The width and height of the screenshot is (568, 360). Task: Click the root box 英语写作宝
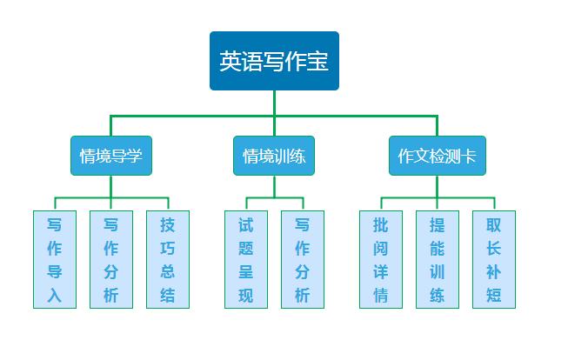pos(274,61)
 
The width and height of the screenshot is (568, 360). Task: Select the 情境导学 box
pos(110,157)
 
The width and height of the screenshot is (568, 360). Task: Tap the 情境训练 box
pos(274,157)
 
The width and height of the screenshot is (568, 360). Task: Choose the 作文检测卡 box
pos(437,157)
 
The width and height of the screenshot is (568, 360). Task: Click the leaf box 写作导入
pos(54,259)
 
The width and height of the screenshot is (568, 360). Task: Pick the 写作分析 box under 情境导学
pos(110,259)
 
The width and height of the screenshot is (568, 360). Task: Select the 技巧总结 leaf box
pos(167,259)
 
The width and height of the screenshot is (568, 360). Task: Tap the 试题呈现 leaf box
pos(246,259)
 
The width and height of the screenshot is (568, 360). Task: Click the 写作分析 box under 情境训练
pos(303,259)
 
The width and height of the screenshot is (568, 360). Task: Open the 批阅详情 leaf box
pos(380,259)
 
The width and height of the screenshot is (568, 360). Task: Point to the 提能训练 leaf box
pos(437,259)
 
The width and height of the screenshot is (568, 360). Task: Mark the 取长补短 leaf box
pos(493,259)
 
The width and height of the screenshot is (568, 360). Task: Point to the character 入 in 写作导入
pos(54,295)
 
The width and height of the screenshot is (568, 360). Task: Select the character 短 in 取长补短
pos(493,295)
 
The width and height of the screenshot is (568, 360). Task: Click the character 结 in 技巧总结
pos(167,295)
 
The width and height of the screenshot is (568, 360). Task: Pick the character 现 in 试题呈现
pos(246,295)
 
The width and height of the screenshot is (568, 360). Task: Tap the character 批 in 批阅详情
pos(380,224)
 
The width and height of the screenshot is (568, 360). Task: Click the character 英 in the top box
pos(230,61)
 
